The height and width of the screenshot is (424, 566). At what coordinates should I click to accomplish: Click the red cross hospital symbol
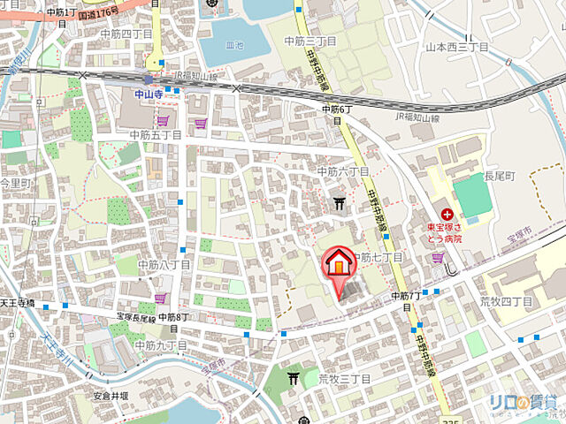coord(447,214)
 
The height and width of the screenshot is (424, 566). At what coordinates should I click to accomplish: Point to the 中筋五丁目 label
coord(155,135)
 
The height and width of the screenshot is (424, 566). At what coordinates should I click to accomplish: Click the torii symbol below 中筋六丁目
coord(340,203)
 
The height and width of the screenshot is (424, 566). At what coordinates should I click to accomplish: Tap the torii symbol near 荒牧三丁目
coord(294,378)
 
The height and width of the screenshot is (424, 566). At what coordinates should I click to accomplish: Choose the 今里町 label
coord(14,183)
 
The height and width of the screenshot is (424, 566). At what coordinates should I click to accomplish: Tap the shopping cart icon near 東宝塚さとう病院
coord(438,258)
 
